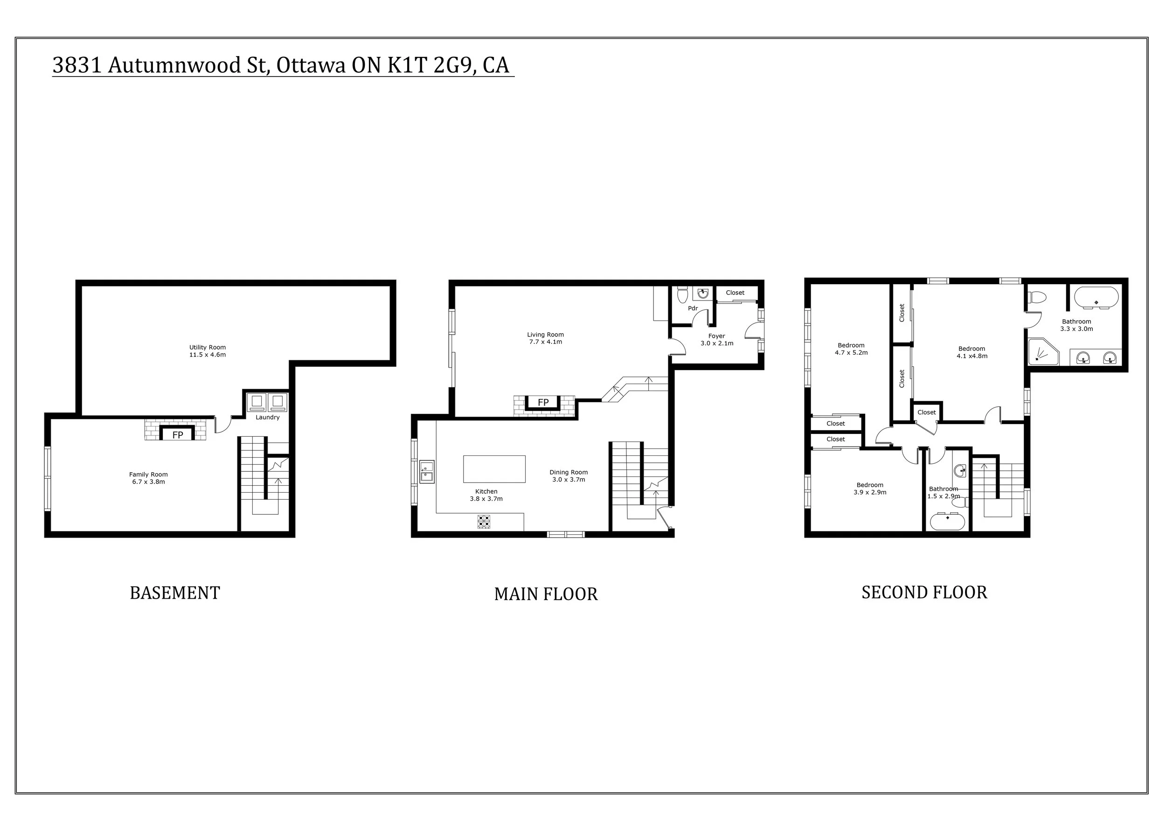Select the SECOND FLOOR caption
pyautogui.click(x=924, y=593)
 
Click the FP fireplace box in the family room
pyautogui.click(x=177, y=435)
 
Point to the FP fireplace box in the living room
pyautogui.click(x=543, y=402)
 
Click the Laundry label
pyautogui.click(x=268, y=418)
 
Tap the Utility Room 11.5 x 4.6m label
pyautogui.click(x=207, y=351)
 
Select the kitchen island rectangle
pyautogui.click(x=494, y=469)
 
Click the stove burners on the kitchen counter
pyautogui.click(x=484, y=522)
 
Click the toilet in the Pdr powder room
pyautogui.click(x=682, y=294)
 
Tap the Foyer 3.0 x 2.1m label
pyautogui.click(x=716, y=339)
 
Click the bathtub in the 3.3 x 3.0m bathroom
pyautogui.click(x=1096, y=298)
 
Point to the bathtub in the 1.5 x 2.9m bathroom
pyautogui.click(x=947, y=522)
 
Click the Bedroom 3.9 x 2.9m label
pyautogui.click(x=869, y=489)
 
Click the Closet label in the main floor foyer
pyautogui.click(x=735, y=293)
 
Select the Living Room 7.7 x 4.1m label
pyautogui.click(x=545, y=338)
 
